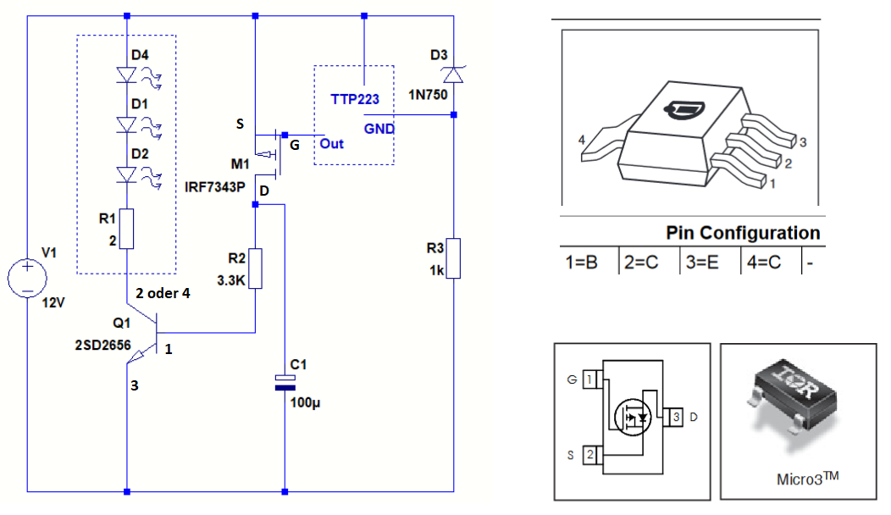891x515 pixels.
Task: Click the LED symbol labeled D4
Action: [127, 75]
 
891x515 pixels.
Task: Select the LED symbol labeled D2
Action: [127, 174]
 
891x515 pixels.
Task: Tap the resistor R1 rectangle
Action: [126, 229]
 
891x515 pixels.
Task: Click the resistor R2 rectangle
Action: [255, 269]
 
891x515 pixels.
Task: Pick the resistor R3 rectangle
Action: [454, 258]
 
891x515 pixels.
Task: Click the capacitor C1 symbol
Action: [285, 382]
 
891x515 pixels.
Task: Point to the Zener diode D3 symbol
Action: [454, 75]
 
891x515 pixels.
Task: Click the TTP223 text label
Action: [354, 99]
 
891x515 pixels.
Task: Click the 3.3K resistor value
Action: [230, 281]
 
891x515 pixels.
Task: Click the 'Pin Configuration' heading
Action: [743, 233]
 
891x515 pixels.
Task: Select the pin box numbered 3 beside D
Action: [675, 416]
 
